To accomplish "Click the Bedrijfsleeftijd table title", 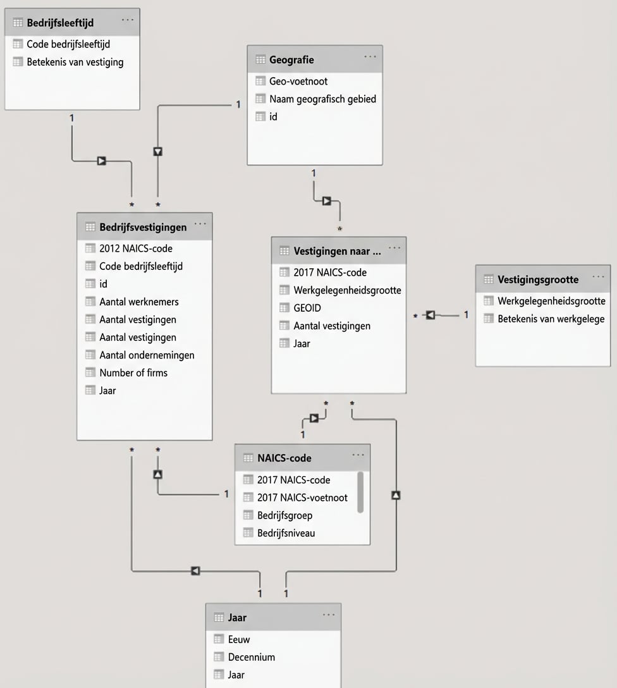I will click(60, 23).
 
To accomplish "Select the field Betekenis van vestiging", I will click(75, 62).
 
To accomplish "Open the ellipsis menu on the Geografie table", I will click(370, 58).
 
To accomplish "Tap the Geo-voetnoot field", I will click(298, 81).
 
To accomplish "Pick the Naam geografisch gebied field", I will click(322, 99).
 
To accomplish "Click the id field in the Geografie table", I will click(273, 116).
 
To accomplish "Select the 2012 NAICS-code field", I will click(135, 249).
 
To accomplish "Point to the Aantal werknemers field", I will click(138, 302).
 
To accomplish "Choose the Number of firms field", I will click(133, 372).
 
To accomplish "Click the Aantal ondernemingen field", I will click(147, 355).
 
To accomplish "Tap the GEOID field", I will click(307, 308).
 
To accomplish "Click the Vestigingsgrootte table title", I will click(538, 279).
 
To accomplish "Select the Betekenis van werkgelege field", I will click(551, 319).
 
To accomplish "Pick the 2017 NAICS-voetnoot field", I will click(302, 498).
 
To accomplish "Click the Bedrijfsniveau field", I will click(286, 533).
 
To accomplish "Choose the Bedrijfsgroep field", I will click(284, 515).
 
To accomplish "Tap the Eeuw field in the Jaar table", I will click(239, 639).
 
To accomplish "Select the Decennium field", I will click(251, 657).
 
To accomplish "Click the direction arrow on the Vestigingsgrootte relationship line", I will click(431, 315).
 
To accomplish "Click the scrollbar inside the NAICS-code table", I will click(360, 491).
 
